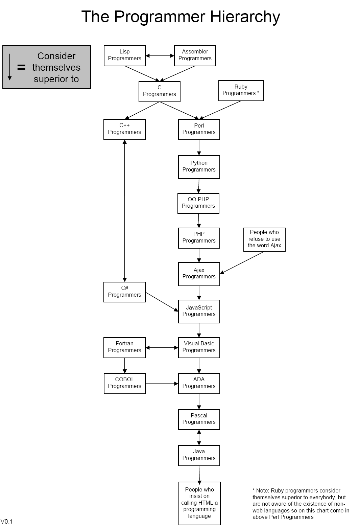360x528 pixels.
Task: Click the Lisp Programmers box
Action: pos(124,55)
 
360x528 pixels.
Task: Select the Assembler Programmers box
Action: pos(195,55)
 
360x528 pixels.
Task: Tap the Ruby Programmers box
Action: pos(241,90)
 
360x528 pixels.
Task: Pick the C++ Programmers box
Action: pos(124,129)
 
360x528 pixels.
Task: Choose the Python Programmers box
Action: pos(199,167)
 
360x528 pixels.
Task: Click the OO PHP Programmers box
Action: pos(198,203)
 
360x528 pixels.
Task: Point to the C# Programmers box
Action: pos(124,292)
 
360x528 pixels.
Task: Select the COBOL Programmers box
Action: pos(124,383)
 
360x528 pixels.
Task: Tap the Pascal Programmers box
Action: pos(199,419)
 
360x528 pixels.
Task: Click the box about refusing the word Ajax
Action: pos(264,239)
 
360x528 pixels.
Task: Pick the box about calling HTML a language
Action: pos(199,503)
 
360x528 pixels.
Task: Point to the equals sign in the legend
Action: pos(21,67)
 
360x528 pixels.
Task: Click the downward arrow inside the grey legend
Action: pos(9,67)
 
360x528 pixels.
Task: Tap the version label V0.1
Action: pos(7,521)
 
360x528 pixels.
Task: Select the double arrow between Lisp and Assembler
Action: pos(160,56)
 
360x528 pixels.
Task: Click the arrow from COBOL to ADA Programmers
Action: pos(162,384)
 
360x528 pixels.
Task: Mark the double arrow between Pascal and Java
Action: pos(199,437)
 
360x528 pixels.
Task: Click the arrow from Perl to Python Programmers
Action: pos(199,147)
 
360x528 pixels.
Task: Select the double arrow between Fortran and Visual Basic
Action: pos(162,347)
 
